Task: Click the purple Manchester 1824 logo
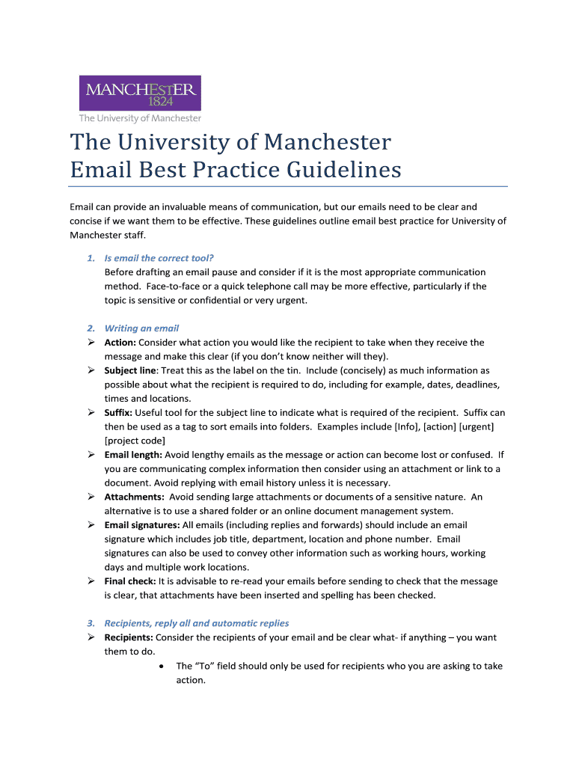[x=140, y=93]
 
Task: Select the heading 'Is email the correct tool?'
[x=159, y=258]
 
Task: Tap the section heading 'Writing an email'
[x=141, y=328]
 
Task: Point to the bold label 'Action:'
[x=120, y=343]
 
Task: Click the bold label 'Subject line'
[x=130, y=370]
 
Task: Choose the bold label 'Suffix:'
[x=119, y=413]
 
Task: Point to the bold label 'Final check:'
[x=129, y=581]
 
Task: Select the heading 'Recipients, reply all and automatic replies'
[x=196, y=623]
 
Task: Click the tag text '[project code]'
[x=135, y=441]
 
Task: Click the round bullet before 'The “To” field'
[x=162, y=666]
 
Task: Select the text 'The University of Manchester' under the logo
[x=141, y=118]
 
